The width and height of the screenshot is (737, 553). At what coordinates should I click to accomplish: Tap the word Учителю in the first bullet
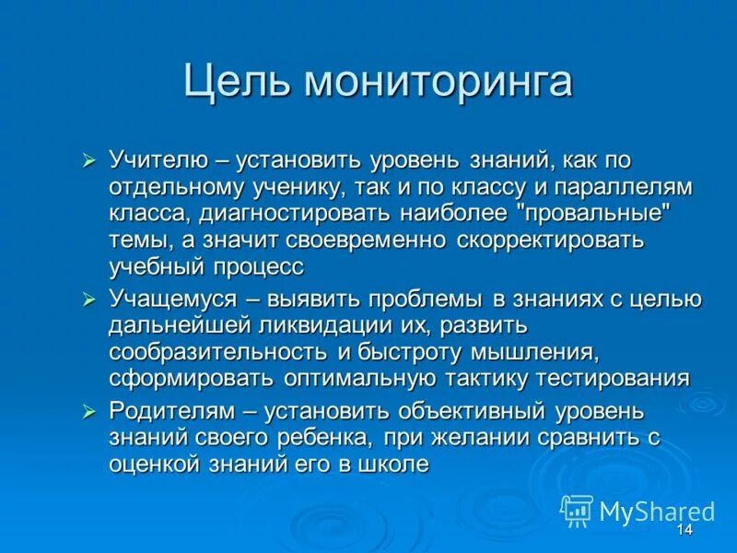[154, 160]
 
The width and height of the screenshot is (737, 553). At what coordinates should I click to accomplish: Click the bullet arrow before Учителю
[89, 161]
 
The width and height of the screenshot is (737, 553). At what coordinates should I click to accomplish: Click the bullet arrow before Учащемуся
[89, 300]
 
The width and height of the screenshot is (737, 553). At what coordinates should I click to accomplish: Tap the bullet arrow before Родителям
[89, 411]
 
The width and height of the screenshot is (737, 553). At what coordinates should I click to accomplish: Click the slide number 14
[684, 531]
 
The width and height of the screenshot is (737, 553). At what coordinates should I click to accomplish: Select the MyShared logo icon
[577, 510]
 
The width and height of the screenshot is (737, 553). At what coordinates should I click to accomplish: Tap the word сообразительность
[217, 352]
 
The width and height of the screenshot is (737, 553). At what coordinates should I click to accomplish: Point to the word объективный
[448, 410]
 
